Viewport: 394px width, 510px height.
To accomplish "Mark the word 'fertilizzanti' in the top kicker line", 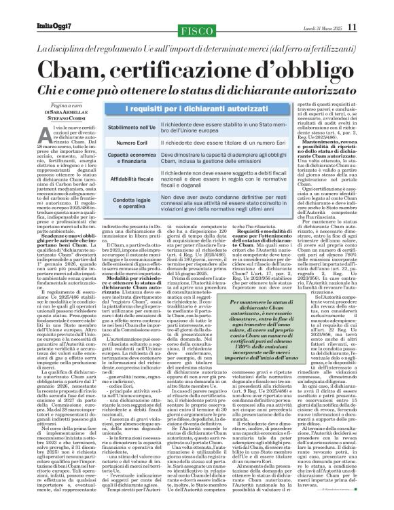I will pos(332,50).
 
